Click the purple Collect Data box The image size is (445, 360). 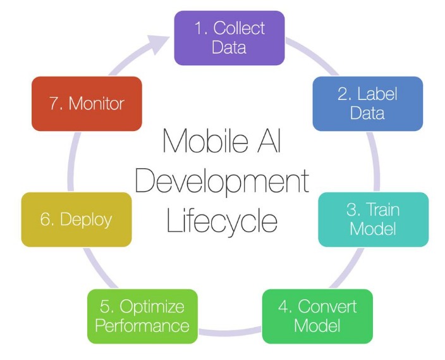tap(229, 38)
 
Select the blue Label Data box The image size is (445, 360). tap(368, 104)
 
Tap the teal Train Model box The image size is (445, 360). tap(374, 220)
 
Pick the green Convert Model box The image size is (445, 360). tap(317, 316)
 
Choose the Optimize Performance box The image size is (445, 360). tap(142, 316)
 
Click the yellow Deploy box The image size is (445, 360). tap(76, 220)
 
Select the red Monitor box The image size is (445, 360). tap(87, 104)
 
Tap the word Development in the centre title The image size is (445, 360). tap(222, 181)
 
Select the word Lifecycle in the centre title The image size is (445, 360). tap(222, 221)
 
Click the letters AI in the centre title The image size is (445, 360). tap(270, 141)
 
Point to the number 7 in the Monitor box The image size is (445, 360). tap(54, 103)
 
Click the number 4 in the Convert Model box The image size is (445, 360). tap(283, 307)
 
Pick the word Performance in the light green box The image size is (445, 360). tap(142, 326)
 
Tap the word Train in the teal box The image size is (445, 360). tap(384, 209)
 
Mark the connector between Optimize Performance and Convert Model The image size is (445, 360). tap(230, 332)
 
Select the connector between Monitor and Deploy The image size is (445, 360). tap(72, 161)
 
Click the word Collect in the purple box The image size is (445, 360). tap(239, 28)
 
